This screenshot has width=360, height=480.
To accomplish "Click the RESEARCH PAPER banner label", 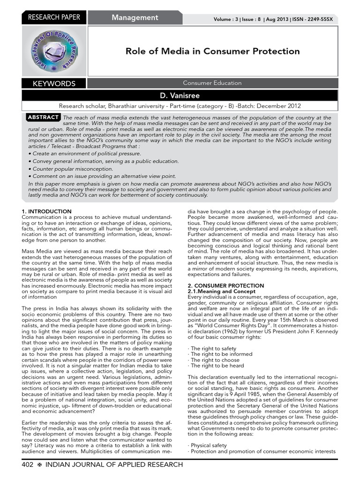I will [54, 17].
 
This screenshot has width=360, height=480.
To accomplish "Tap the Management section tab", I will [135, 17].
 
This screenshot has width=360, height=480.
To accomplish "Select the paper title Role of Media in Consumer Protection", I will [212, 51].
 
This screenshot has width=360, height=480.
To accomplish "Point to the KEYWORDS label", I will [54, 84].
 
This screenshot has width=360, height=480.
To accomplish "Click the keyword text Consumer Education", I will [212, 83].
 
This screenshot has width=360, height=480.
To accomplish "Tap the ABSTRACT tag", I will [43, 117].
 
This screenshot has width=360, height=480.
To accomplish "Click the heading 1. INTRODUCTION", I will [46, 212].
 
